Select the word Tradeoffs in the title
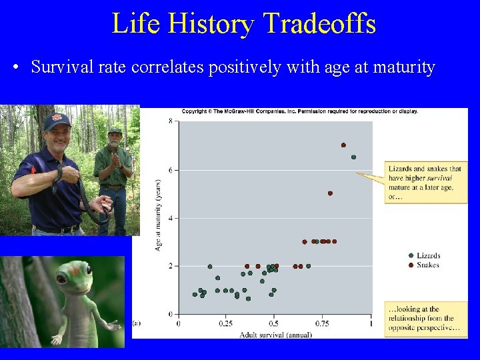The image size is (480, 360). point(319,24)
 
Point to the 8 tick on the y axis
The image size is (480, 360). point(171,121)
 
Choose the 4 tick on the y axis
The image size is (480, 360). point(171,218)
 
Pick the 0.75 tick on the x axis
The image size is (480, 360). point(322,323)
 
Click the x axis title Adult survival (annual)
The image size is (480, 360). point(274,334)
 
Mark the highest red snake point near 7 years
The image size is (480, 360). point(343,145)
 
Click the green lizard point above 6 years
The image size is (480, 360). point(353,157)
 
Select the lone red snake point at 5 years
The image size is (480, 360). point(330,193)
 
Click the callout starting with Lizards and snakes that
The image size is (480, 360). point(420,183)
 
